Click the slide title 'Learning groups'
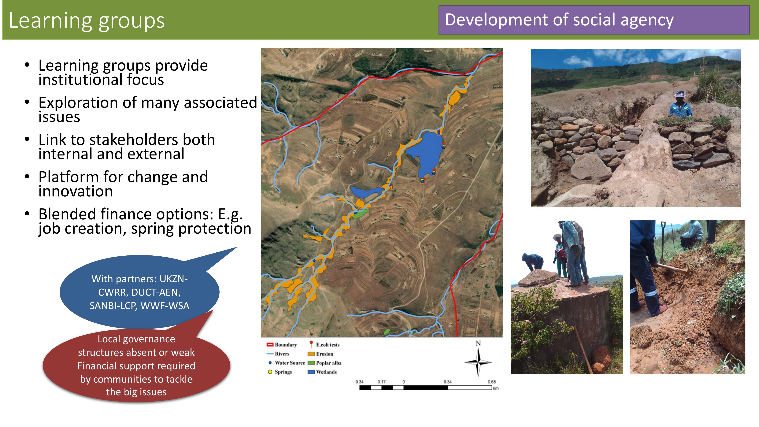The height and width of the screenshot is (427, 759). [87, 21]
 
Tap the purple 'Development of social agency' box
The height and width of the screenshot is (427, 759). [594, 20]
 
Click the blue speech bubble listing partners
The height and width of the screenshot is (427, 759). [139, 292]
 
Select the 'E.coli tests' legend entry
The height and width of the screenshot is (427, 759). [324, 344]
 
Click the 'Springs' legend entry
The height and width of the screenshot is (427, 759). [280, 372]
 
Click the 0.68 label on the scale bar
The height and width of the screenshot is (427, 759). [491, 382]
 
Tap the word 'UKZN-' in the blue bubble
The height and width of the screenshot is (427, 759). [173, 279]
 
